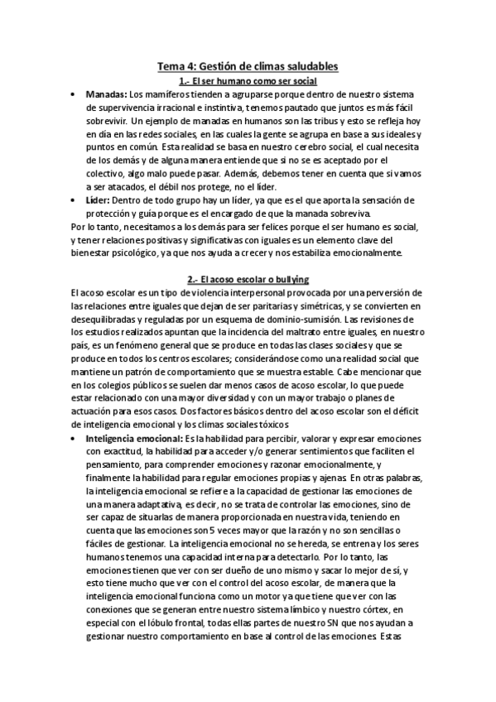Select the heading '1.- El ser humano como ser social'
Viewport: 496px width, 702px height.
point(248,79)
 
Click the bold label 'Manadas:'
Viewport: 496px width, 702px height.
point(107,94)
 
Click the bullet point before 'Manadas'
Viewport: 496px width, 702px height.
point(75,94)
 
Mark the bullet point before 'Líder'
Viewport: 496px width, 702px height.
point(75,200)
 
